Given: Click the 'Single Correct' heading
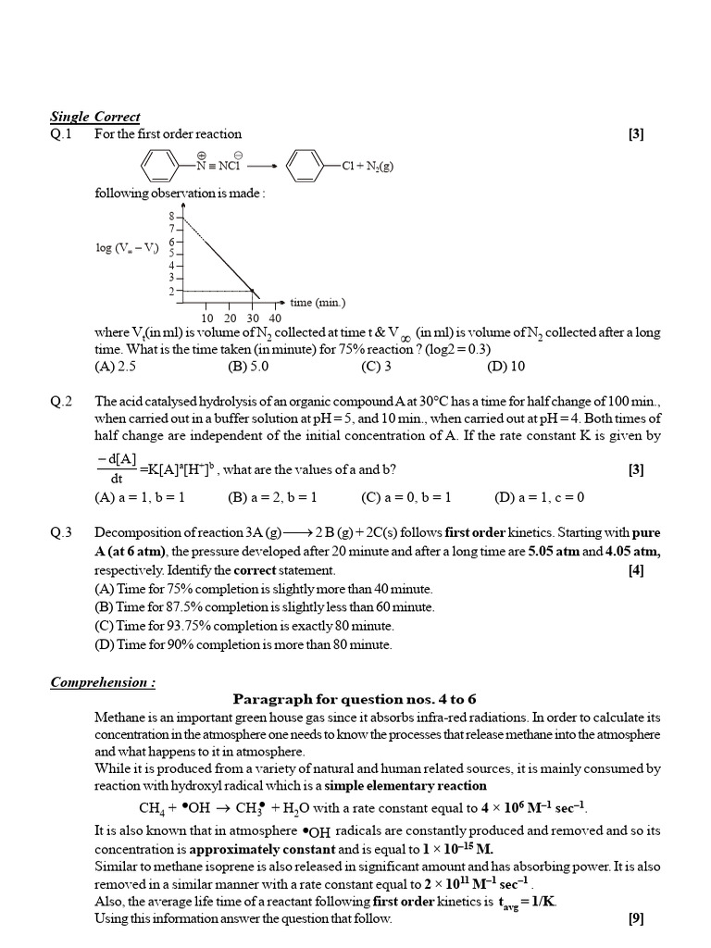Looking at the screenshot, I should click(95, 117).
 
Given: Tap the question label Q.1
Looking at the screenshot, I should click(61, 133).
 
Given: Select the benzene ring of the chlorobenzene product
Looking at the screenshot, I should click(305, 168).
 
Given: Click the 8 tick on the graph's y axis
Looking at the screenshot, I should click(171, 215).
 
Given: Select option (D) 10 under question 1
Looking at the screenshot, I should click(505, 365).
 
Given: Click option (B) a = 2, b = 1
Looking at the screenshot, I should click(272, 497).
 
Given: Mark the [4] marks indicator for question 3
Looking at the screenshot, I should click(635, 569).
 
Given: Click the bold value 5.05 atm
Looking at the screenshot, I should click(555, 551).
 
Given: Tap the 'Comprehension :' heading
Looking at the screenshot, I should click(103, 682).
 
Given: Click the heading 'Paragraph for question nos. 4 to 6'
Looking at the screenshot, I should click(355, 699).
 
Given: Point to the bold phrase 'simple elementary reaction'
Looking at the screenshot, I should click(405, 785).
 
